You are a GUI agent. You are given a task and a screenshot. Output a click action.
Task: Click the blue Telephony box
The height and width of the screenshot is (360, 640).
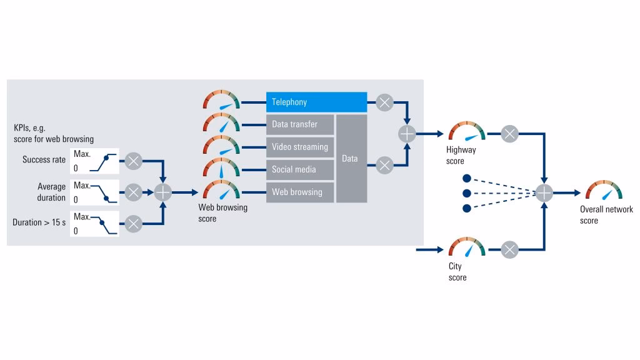pos(316,102)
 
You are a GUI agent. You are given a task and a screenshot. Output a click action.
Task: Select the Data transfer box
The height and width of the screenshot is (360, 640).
pos(300,124)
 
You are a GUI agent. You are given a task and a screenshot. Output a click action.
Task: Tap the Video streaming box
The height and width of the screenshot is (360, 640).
pos(300,147)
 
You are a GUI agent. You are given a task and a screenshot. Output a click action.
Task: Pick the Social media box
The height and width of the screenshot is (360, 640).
pos(300,169)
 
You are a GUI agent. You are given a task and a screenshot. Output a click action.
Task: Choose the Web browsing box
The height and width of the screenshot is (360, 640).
pos(300,192)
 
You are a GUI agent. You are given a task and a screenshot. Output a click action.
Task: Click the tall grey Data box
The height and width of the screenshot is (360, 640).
pos(351,159)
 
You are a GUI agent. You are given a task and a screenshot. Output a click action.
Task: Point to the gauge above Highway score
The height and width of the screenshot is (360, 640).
pos(467,133)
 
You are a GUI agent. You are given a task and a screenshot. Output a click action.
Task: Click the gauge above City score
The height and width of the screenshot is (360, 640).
pos(467,248)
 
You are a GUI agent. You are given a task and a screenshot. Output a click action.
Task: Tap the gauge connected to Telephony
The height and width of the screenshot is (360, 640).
pos(221,102)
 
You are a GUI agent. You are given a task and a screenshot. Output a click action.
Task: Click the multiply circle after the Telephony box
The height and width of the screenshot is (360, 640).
pos(385,102)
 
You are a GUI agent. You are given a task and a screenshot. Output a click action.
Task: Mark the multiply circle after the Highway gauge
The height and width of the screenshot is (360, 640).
pos(510,133)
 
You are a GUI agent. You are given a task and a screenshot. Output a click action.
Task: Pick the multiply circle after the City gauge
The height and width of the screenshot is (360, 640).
pos(510,250)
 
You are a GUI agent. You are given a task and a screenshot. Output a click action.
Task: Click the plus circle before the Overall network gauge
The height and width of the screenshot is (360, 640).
pos(545,192)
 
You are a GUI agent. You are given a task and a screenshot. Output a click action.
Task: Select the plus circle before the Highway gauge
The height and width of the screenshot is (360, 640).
pos(407,133)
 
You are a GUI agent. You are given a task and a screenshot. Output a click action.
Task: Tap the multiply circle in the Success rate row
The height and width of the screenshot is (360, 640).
pos(133,161)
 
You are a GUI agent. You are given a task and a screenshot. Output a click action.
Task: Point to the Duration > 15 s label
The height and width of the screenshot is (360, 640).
pos(39,222)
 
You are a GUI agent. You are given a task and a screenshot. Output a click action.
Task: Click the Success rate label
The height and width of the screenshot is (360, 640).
pos(44,160)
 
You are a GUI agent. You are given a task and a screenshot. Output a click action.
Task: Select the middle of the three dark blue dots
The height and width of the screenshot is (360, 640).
pos(466,192)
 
